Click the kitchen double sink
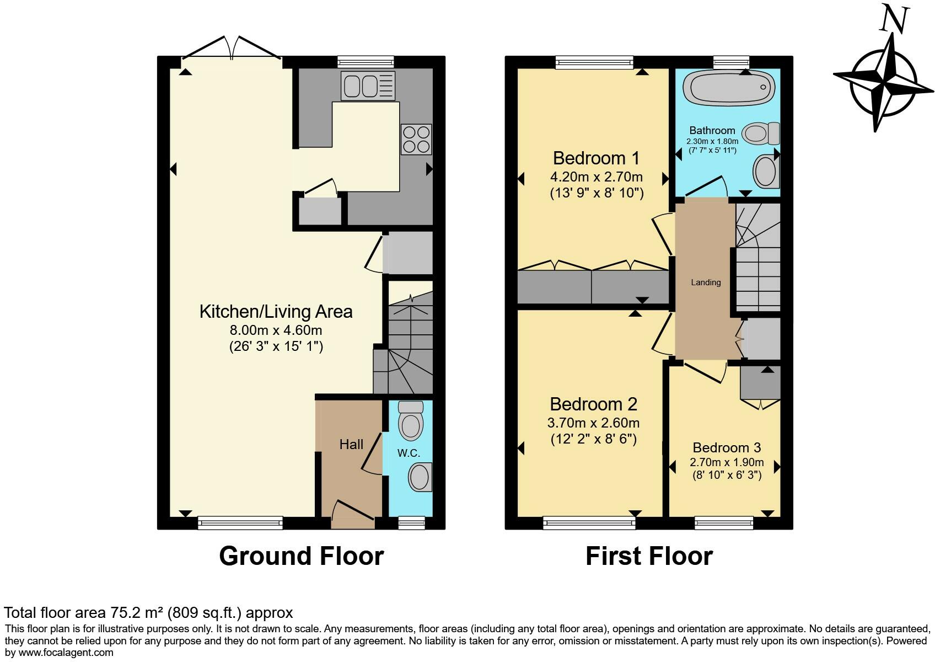pos(368,86)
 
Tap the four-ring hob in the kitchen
pos(416,140)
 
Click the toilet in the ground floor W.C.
pos(411,420)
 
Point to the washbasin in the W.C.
pos(420,477)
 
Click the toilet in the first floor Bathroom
pos(761,134)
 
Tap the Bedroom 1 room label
pos(596,158)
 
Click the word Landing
pos(706,282)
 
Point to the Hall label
pos(351,444)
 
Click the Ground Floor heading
pos(302,556)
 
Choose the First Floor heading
pos(649,556)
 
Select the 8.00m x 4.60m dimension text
pos(276,330)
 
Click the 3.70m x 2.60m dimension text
pos(593,423)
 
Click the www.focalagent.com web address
pos(66,653)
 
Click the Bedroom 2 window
pos(589,522)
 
